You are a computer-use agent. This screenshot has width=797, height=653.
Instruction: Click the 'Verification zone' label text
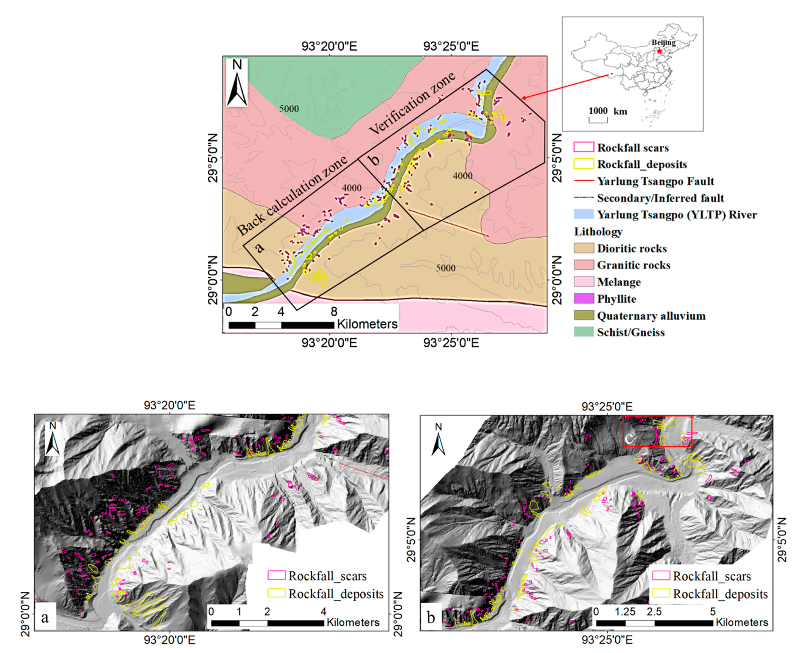(412, 103)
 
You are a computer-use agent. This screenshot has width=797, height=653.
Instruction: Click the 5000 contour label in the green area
(289, 109)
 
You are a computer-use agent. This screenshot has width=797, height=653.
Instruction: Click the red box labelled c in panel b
(657, 431)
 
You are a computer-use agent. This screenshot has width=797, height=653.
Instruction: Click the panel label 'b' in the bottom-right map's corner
(431, 617)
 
